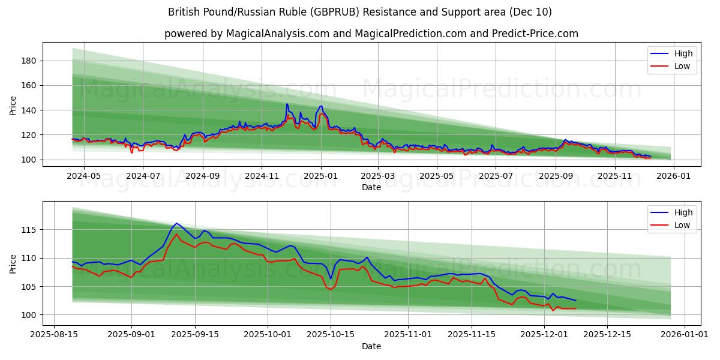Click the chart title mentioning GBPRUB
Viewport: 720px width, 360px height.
359,12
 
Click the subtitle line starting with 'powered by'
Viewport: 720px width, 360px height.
371,34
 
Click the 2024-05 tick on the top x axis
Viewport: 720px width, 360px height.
83,176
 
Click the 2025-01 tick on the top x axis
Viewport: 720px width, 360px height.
320,176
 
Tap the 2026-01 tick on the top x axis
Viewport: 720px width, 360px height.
674,176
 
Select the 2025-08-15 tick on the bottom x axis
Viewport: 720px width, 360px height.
55,335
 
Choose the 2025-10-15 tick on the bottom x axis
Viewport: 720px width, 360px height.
330,335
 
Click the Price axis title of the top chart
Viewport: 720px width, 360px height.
13,105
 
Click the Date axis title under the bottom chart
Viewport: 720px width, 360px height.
371,346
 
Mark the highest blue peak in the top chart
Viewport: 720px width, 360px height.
287,104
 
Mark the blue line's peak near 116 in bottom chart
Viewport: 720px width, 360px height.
176,223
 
